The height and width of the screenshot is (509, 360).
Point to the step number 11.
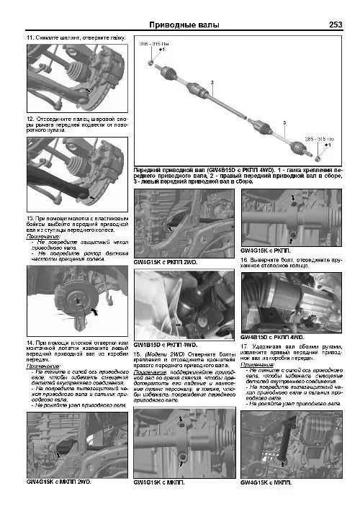tap(30, 37)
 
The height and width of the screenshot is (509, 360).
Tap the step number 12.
tap(30, 117)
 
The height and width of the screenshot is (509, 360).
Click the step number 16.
tap(245, 258)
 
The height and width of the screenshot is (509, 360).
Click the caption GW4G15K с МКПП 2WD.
tap(58, 480)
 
